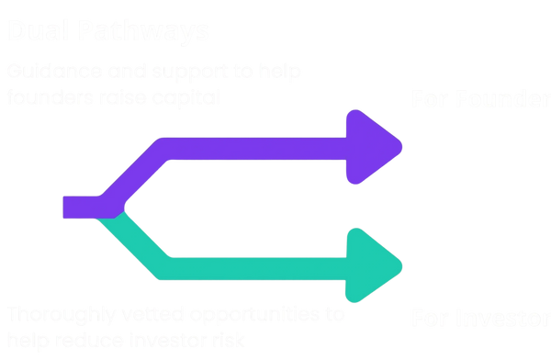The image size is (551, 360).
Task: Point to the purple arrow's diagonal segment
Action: [x=133, y=174]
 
